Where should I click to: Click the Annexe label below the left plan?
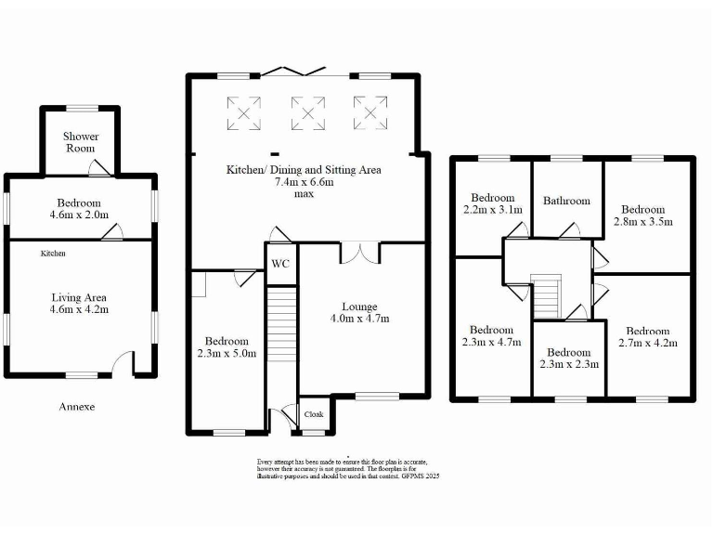pyautogui.click(x=77, y=407)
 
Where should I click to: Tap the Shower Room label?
pyautogui.click(x=81, y=142)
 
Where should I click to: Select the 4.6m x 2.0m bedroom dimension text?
pyautogui.click(x=79, y=215)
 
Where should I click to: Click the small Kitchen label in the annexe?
pyautogui.click(x=53, y=253)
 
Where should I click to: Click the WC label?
pyautogui.click(x=280, y=264)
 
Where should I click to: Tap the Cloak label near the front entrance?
pyautogui.click(x=314, y=414)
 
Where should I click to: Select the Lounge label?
pyautogui.click(x=359, y=307)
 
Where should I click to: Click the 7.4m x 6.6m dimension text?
pyautogui.click(x=304, y=183)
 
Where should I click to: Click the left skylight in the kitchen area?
pyautogui.click(x=243, y=114)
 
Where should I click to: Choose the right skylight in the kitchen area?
pyautogui.click(x=369, y=114)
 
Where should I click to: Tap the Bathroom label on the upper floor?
pyautogui.click(x=566, y=201)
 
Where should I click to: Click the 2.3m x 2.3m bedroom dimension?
pyautogui.click(x=568, y=365)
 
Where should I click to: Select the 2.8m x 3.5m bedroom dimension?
pyautogui.click(x=644, y=222)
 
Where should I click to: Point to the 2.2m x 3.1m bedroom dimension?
pyautogui.click(x=492, y=210)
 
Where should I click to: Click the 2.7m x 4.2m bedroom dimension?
pyautogui.click(x=647, y=343)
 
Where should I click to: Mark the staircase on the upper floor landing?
pyautogui.click(x=547, y=296)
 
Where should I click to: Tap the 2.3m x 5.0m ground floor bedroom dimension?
pyautogui.click(x=227, y=353)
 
